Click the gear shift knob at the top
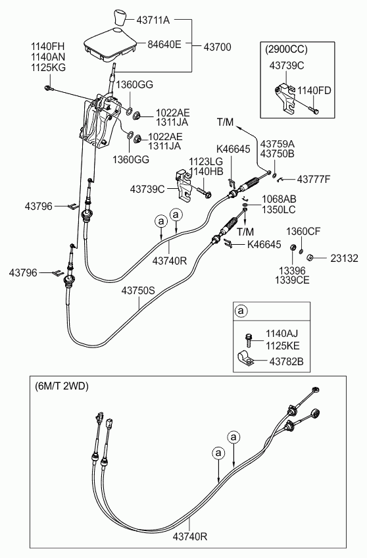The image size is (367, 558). pyautogui.click(x=120, y=18)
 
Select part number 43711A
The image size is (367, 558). pyautogui.click(x=153, y=20)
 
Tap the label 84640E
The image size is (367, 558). pyautogui.click(x=164, y=45)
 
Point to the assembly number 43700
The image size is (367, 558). pyautogui.click(x=217, y=47)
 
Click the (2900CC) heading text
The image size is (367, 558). pyautogui.click(x=286, y=49)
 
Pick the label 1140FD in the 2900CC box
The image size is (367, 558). pyautogui.click(x=314, y=91)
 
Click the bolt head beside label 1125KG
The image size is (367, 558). pyautogui.click(x=47, y=88)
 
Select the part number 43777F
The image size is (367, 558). pyautogui.click(x=314, y=180)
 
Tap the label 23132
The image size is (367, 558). pyautogui.click(x=344, y=259)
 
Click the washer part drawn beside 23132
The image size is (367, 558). pyautogui.click(x=310, y=257)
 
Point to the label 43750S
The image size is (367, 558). pyautogui.click(x=138, y=291)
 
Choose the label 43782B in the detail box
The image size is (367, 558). pyautogui.click(x=286, y=362)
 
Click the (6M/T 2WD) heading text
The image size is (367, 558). pyautogui.click(x=62, y=386)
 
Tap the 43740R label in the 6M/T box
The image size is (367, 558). pyautogui.click(x=190, y=536)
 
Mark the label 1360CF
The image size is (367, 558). pyautogui.click(x=303, y=232)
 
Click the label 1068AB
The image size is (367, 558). pyautogui.click(x=279, y=199)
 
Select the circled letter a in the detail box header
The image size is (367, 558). pyautogui.click(x=241, y=311)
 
